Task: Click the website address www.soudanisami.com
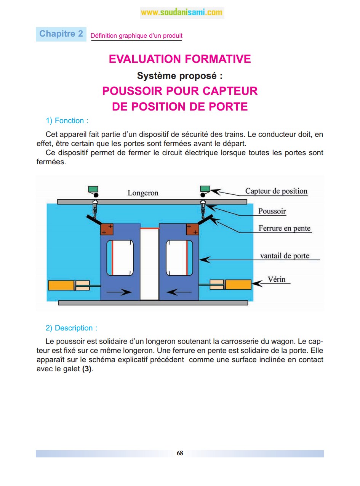point(181,13)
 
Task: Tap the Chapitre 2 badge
point(61,34)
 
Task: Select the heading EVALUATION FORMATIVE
point(180,59)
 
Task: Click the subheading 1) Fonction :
point(67,121)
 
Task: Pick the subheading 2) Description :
point(71,328)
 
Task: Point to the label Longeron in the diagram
point(143,193)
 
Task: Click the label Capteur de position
point(276,191)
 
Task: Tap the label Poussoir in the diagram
point(272,211)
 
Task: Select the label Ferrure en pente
point(285,229)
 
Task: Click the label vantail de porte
point(285,256)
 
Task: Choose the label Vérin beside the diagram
point(277,279)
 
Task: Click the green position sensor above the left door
point(93,189)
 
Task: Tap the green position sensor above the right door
point(205,189)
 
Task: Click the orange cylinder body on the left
point(61,285)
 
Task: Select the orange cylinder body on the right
point(238,284)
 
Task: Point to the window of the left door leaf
point(120,258)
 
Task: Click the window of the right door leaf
point(179,258)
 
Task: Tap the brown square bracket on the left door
point(107,229)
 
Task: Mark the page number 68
point(180,453)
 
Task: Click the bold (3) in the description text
point(87,369)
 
